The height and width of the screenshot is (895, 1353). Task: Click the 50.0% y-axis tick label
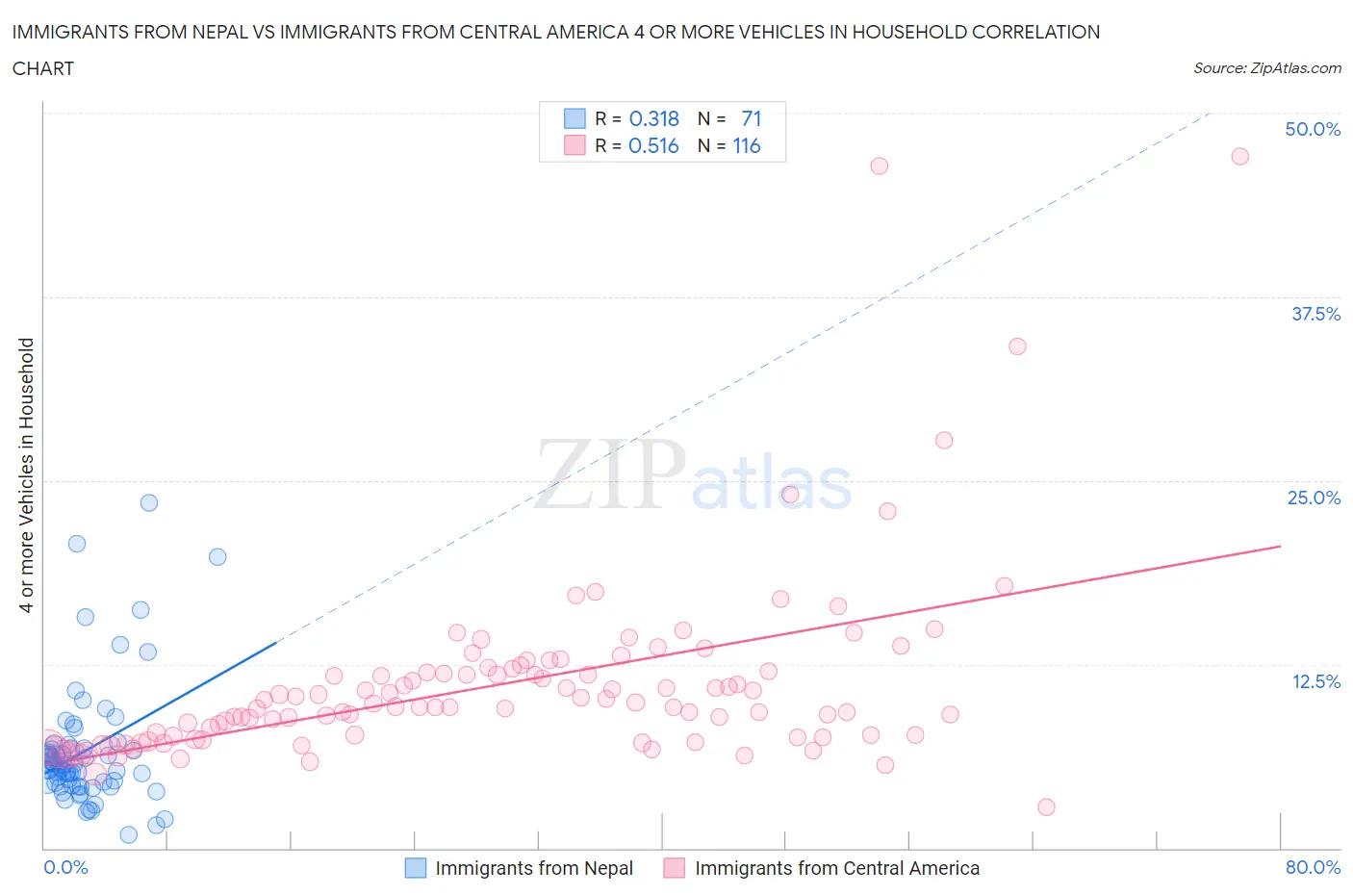(1312, 129)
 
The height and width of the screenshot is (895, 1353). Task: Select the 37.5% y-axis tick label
(1315, 314)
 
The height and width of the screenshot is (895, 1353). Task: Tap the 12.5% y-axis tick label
(1315, 681)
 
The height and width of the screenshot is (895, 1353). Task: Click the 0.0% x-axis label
(65, 867)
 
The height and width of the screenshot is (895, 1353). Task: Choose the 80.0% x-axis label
(1312, 867)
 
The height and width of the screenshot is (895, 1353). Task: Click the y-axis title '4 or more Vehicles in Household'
(26, 474)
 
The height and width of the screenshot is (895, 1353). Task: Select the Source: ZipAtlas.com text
(1266, 67)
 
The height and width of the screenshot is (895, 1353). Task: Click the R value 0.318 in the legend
(653, 118)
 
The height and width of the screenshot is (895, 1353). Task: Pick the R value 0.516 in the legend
(653, 145)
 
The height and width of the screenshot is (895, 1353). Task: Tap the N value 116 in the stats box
(746, 145)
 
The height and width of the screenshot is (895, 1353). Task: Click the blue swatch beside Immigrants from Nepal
(415, 868)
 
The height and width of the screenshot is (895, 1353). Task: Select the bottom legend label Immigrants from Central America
(836, 868)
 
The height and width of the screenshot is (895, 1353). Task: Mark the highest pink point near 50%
(1239, 156)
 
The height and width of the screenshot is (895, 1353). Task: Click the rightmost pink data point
(1239, 156)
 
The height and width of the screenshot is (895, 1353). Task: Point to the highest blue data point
(149, 502)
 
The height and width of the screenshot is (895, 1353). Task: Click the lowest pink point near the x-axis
(1046, 806)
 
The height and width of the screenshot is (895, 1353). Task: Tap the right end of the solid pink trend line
(1281, 546)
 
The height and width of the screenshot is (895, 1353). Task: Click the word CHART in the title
(43, 68)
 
